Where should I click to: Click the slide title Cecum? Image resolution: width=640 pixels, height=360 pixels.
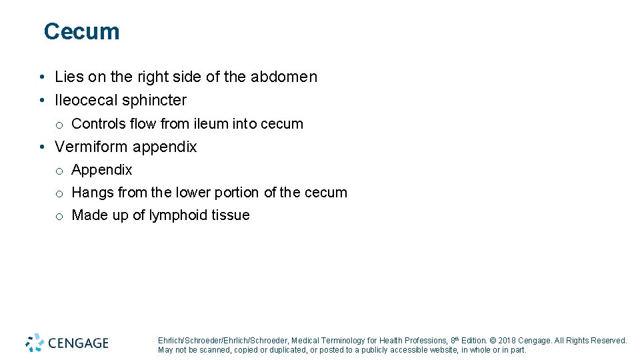(81, 31)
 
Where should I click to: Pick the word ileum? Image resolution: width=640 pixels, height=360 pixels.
(209, 124)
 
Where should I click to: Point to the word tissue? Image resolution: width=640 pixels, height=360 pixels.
(231, 215)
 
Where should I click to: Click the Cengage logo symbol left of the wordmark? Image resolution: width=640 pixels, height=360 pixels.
(35, 343)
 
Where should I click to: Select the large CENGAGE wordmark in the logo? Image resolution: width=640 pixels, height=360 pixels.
(78, 343)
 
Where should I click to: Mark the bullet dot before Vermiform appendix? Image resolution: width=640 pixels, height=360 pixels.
(41, 147)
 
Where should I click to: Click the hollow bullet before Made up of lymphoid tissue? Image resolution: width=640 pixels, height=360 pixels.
(59, 216)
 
